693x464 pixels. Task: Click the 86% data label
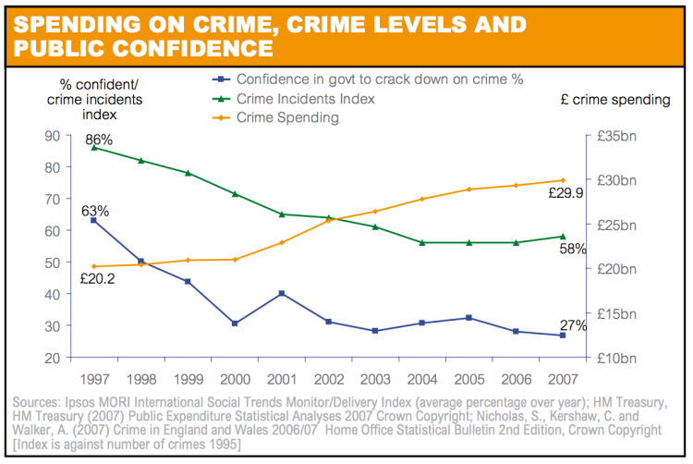[99, 140]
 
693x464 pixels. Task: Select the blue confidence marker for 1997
[93, 220]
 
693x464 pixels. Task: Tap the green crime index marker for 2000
[235, 194]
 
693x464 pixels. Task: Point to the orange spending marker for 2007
[564, 180]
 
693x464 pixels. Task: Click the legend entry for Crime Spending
[287, 117]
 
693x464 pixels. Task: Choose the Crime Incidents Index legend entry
[306, 98]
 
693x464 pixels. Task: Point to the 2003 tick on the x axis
[375, 380]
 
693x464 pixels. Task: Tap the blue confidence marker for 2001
[281, 293]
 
